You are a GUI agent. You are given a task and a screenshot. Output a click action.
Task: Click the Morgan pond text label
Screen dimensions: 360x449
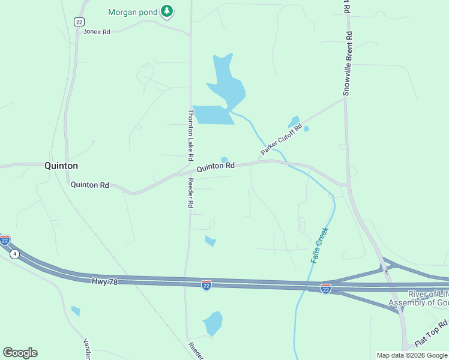tap(133, 12)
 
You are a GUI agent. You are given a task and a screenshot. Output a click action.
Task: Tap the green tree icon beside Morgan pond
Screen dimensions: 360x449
tap(167, 11)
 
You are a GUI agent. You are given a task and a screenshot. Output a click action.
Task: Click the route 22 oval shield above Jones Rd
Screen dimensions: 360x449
tap(79, 22)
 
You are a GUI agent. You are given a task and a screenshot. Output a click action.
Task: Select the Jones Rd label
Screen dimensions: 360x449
tap(97, 32)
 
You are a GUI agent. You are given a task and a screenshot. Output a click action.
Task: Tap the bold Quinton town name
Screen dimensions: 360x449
tap(61, 166)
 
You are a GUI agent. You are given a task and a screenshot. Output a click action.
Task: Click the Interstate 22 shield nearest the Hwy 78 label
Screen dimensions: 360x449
tap(206, 284)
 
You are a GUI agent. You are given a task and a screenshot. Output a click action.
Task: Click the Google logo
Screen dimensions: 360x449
tap(20, 353)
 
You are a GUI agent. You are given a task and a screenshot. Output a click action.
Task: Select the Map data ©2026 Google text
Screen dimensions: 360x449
tap(412, 355)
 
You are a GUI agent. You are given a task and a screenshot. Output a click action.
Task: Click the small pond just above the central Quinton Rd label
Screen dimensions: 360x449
tap(224, 160)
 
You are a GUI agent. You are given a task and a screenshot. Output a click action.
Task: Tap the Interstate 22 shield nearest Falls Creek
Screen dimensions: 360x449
tap(325, 289)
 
